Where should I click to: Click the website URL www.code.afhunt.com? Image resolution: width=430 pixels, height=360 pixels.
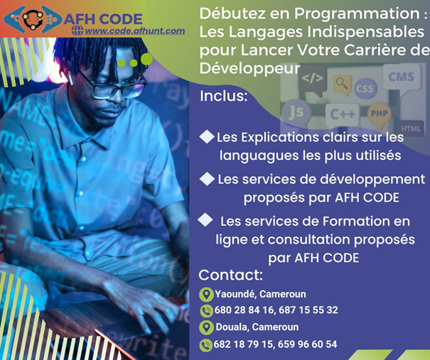134,31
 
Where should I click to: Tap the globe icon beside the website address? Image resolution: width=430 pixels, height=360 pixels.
77,31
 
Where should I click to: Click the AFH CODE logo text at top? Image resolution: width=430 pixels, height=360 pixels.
103,19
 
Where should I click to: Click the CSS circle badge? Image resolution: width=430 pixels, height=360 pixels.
365,89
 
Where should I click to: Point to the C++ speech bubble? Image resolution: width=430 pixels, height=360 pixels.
343,115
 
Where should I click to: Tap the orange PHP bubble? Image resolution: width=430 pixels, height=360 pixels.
380,114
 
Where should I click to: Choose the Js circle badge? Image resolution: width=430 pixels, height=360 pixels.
296,111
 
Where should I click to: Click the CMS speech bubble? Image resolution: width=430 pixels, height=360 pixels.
401,78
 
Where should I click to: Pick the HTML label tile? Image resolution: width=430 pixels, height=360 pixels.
411,129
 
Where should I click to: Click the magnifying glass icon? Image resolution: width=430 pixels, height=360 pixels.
342,83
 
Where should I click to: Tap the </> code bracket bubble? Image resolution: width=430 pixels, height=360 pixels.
312,80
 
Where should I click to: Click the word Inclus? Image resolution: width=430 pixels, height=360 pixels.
223,96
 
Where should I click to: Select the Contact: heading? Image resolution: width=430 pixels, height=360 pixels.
230,275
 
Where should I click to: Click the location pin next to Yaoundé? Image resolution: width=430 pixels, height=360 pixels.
206,295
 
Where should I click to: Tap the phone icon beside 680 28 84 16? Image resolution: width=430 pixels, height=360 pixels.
207,311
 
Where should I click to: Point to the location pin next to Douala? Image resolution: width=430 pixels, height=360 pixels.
207,327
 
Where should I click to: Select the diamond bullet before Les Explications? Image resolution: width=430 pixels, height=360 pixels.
207,137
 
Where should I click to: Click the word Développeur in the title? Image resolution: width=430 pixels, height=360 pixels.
249,69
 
